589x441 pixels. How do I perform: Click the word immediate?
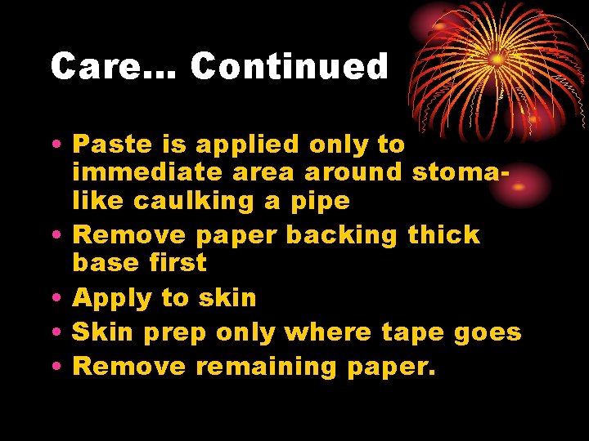[145, 172]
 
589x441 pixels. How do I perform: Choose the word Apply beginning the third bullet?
[112, 299]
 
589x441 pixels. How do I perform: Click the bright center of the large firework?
[497, 60]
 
